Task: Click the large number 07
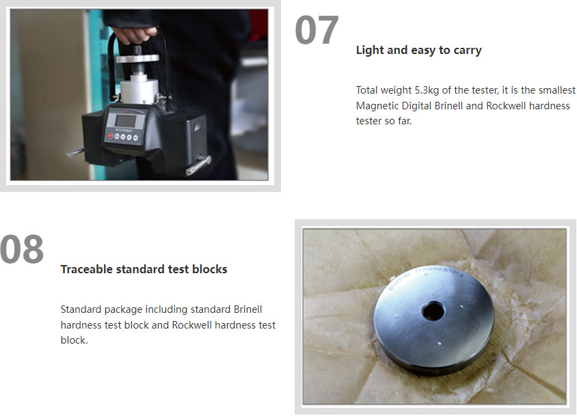(x=317, y=30)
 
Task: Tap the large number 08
(x=22, y=249)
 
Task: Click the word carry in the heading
(x=468, y=51)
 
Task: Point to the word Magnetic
(x=377, y=106)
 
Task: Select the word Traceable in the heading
(x=86, y=269)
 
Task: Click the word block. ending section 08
(x=75, y=340)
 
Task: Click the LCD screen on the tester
(x=126, y=121)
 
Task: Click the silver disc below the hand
(x=137, y=58)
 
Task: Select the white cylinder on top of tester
(x=139, y=90)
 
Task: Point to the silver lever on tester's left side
(x=75, y=152)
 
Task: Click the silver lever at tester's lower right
(x=198, y=165)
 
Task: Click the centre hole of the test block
(x=433, y=311)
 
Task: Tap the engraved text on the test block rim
(x=425, y=277)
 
